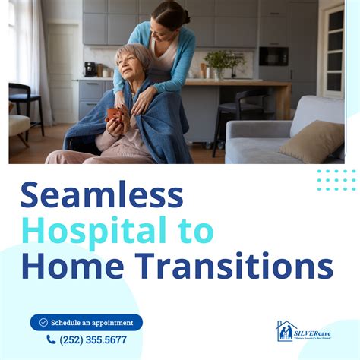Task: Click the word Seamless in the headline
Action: (102, 196)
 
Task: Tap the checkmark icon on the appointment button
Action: (43, 322)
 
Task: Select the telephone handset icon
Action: (51, 340)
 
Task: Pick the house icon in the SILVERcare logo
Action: (284, 330)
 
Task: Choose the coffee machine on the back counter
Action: (90, 69)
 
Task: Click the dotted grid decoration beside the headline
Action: (336, 180)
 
